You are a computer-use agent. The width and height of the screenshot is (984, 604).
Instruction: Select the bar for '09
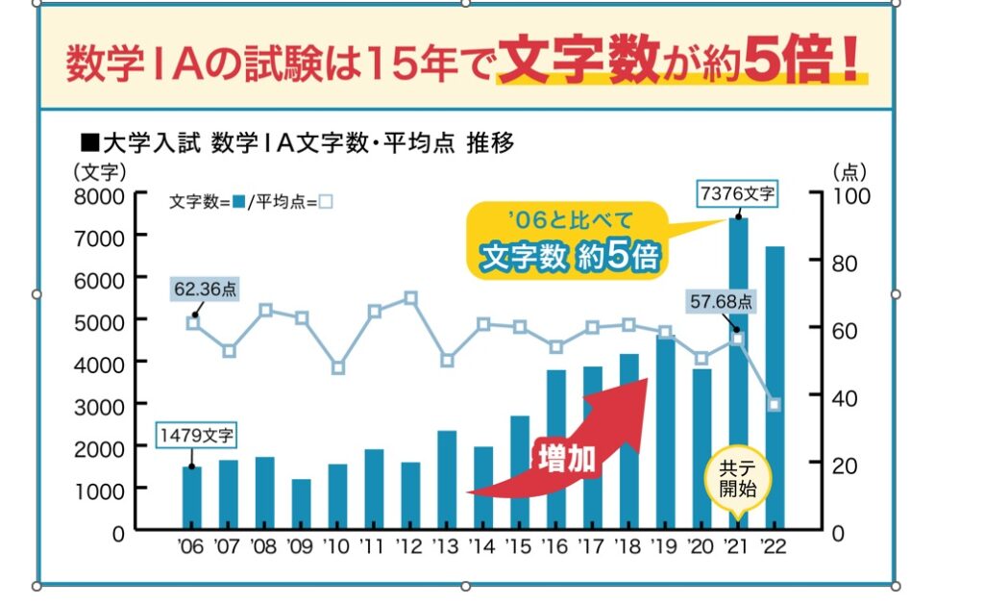(301, 504)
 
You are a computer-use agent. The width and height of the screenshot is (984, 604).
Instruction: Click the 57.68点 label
(722, 302)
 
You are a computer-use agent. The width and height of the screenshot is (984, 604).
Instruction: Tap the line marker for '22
(774, 405)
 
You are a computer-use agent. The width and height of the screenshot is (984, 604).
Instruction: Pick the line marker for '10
(337, 367)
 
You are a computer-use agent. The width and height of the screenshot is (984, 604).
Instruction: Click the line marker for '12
(410, 298)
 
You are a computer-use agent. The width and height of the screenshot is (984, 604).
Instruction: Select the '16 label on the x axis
(556, 547)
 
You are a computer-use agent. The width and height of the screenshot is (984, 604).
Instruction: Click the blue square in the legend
(237, 202)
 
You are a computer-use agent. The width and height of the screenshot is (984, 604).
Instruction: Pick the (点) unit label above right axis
(849, 172)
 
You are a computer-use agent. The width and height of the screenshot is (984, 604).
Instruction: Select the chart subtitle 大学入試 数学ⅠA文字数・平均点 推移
(298, 144)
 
